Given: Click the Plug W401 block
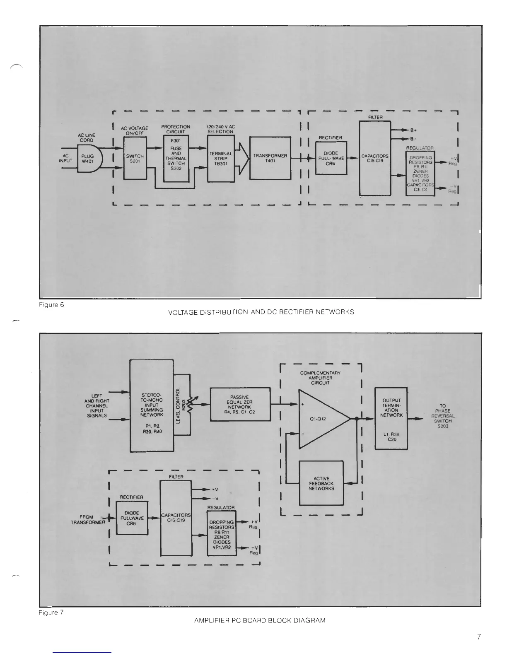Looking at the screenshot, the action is coord(88,159).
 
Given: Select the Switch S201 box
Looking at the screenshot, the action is coord(135,159).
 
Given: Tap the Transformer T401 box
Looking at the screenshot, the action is coord(270,158).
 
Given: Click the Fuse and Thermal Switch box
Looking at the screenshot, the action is coord(176,159).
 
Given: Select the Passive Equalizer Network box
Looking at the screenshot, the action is coord(241,404).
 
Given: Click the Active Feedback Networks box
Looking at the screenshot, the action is coord(321,483).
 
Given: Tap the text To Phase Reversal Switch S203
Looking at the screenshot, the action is coord(442,416).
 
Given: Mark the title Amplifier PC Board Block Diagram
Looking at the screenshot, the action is coord(260,620).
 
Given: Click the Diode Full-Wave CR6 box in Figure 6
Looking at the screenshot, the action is coord(331,158).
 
